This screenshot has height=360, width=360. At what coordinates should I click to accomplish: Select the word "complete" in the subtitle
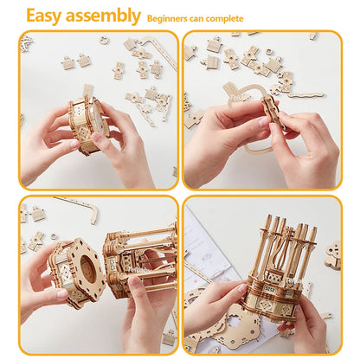pyautogui.click(x=227, y=18)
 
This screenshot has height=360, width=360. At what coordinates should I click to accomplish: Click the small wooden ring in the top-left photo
pyautogui.click(x=104, y=40)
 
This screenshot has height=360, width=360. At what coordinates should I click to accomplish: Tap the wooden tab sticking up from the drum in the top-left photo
pyautogui.click(x=87, y=93)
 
